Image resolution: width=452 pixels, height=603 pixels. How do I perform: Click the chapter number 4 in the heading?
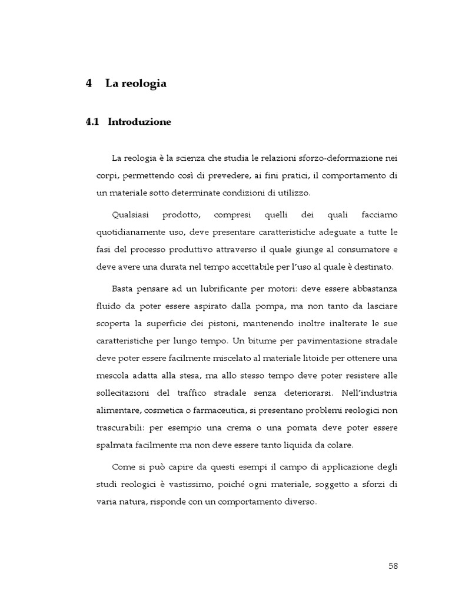click(89, 84)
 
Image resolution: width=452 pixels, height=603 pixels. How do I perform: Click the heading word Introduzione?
click(139, 122)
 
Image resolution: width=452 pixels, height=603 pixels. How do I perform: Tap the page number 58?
click(394, 566)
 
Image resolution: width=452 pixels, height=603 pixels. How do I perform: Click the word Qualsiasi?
click(130, 215)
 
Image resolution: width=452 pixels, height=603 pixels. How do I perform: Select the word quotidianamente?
click(134, 233)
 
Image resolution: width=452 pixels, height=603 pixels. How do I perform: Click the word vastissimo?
click(210, 484)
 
